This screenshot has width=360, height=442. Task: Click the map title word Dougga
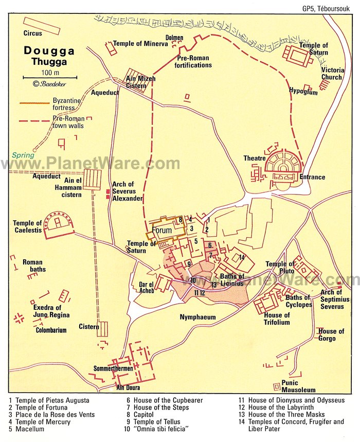(49, 51)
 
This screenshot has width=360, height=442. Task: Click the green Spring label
(24, 155)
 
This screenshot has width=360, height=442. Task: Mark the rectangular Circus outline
(41, 25)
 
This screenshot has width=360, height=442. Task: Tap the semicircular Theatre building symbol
(283, 165)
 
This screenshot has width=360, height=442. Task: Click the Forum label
(162, 230)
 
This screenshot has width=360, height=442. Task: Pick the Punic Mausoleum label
(298, 386)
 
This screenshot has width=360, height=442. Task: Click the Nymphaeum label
(197, 317)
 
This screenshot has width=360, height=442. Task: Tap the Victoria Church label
(331, 74)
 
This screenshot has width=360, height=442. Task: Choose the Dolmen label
(174, 38)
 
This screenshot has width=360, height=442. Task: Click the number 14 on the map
(241, 257)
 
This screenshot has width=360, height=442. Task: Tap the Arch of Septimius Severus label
(331, 299)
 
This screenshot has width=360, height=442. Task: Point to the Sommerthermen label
(114, 369)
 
